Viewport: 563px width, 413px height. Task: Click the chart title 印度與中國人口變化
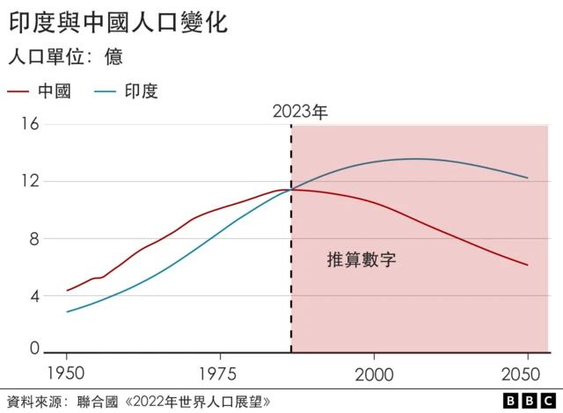(x=119, y=23)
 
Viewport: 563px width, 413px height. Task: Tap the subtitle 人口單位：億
(x=65, y=58)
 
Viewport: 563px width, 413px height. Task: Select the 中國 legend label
(x=55, y=91)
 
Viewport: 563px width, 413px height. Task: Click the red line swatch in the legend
(x=18, y=91)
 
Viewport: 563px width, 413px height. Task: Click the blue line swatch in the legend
(x=105, y=91)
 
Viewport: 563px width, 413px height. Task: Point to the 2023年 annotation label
(x=300, y=112)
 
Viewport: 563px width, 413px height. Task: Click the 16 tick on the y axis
(x=30, y=125)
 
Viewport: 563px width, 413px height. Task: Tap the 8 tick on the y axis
(x=34, y=239)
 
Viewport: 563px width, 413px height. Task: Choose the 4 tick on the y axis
(x=34, y=296)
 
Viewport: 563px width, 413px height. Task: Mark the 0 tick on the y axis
(x=34, y=349)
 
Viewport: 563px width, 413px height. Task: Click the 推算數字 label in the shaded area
(x=362, y=260)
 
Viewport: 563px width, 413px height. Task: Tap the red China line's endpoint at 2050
(x=527, y=264)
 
